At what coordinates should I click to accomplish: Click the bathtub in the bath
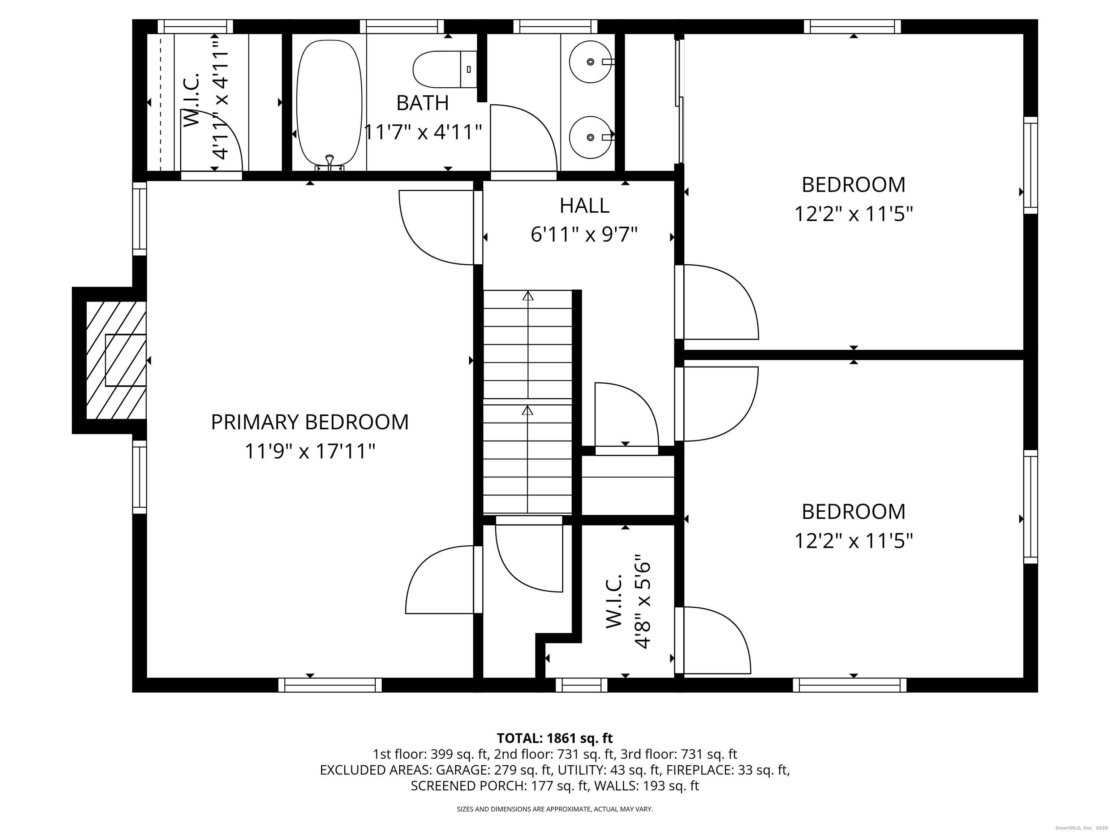(x=329, y=102)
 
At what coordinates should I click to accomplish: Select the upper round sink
(x=591, y=62)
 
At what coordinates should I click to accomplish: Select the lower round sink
(x=591, y=137)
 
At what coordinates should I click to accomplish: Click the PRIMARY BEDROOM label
(x=310, y=422)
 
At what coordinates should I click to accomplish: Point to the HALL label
(x=585, y=205)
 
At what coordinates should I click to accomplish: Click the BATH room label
(x=422, y=103)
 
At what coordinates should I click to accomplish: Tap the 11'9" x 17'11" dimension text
(x=310, y=451)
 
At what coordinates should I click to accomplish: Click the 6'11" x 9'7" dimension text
(x=584, y=234)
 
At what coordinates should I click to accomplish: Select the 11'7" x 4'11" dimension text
(x=422, y=133)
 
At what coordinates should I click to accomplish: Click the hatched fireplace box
(x=116, y=360)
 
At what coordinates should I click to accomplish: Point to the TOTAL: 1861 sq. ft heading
(x=555, y=738)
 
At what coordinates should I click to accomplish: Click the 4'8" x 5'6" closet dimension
(x=642, y=601)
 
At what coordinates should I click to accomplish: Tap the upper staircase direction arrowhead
(x=528, y=295)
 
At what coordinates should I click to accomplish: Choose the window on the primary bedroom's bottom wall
(x=330, y=685)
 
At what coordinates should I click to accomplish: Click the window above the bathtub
(x=401, y=26)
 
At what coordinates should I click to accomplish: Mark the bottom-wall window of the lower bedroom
(x=849, y=685)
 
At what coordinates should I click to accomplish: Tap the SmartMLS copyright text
(x=1082, y=828)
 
